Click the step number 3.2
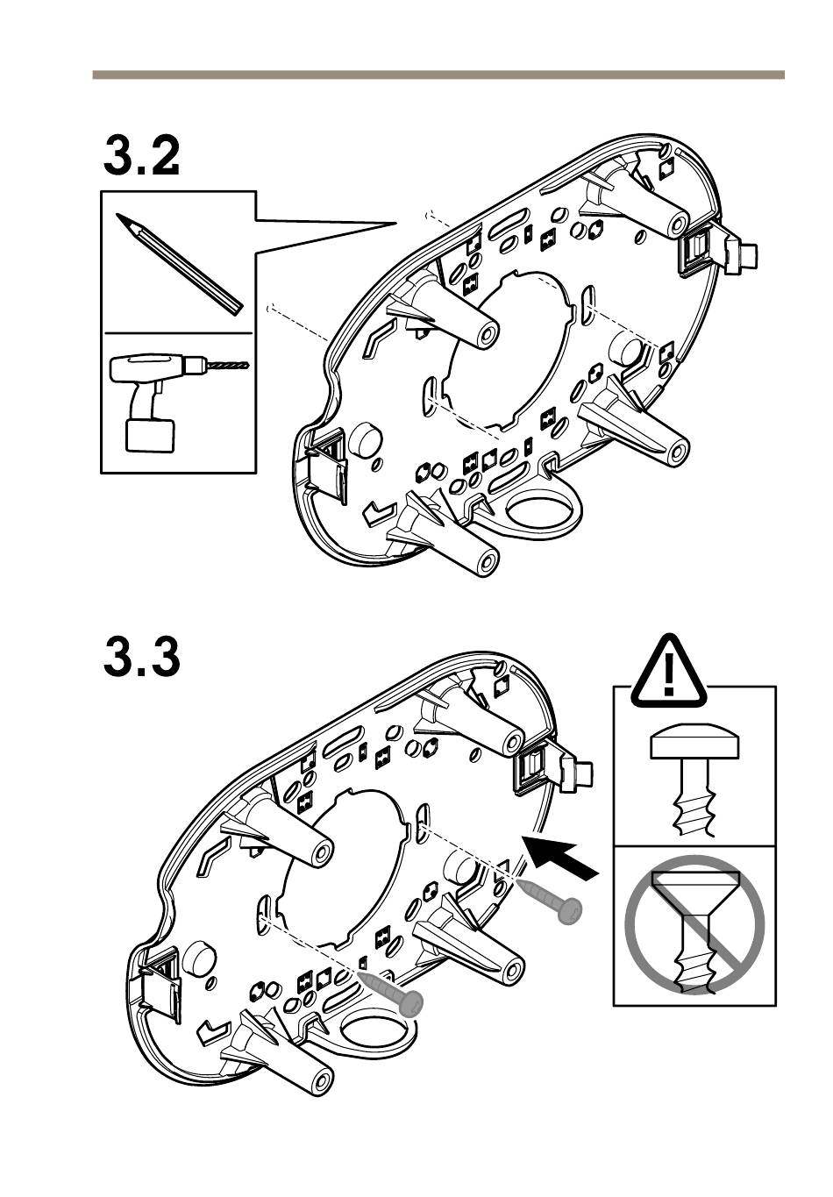(141, 155)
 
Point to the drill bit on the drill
(228, 366)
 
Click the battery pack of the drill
(150, 435)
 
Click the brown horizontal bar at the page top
(438, 75)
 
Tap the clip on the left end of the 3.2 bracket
(326, 464)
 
